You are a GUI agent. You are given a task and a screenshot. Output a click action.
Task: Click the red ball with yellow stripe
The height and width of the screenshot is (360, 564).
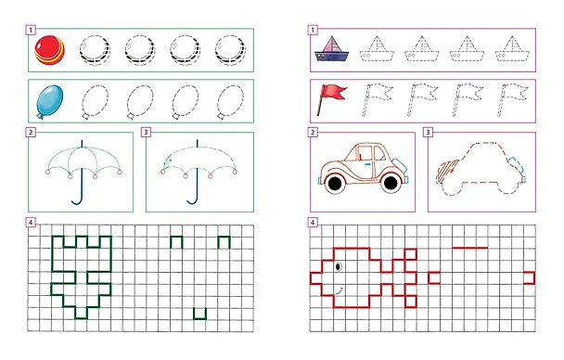click(x=50, y=50)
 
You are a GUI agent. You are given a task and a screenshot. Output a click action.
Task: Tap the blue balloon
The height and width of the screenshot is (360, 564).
click(x=50, y=101)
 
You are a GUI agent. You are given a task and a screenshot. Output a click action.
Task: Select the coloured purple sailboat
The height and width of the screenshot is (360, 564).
click(x=331, y=49)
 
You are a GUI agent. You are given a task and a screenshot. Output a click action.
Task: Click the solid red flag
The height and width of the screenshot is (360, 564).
click(x=331, y=99)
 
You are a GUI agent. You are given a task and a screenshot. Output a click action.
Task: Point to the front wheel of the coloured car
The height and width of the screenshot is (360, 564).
click(x=391, y=183)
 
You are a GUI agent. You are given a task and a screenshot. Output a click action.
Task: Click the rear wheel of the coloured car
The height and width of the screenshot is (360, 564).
click(x=335, y=184)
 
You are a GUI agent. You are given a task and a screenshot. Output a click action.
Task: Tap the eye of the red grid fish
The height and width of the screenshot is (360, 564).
click(x=338, y=266)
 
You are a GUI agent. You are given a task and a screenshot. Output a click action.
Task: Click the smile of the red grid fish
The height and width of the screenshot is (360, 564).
click(x=339, y=290)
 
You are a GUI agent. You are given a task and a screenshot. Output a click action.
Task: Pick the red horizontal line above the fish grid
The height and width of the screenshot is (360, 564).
click(x=469, y=248)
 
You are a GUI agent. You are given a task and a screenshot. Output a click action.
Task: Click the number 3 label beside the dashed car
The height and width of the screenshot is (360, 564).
click(x=428, y=133)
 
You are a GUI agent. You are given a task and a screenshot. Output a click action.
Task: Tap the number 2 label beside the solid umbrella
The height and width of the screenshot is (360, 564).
click(x=31, y=133)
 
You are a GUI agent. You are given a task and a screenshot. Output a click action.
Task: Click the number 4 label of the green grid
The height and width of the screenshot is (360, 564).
click(x=31, y=223)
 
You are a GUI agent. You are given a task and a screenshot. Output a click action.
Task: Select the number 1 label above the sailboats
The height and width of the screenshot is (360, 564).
click(x=313, y=30)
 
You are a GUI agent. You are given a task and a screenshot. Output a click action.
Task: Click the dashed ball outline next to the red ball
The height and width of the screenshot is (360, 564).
click(x=95, y=50)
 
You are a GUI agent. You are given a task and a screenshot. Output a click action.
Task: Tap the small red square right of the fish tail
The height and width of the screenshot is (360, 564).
click(x=434, y=277)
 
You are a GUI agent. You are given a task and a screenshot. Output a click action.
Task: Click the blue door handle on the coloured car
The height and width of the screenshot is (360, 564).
click(x=367, y=164)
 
